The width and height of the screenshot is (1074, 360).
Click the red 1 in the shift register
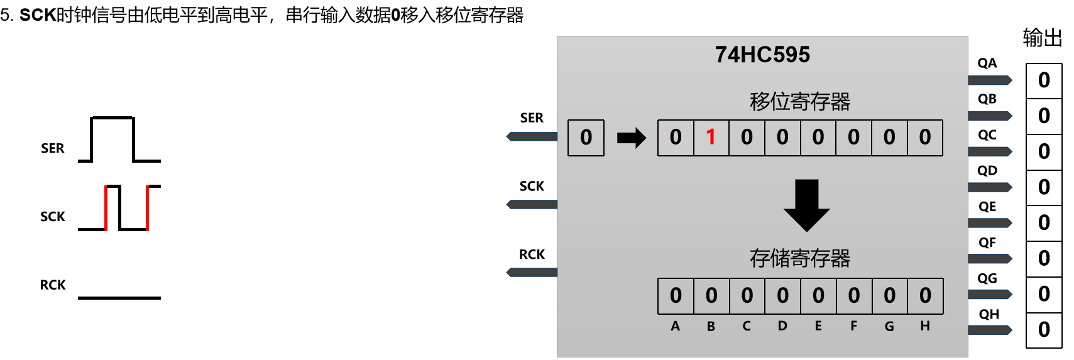711,137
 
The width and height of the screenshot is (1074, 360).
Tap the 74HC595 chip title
762,55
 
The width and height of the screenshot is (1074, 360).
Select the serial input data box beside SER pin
586,138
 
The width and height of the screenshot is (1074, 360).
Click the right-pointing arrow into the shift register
631,138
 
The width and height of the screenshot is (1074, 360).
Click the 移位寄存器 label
799,101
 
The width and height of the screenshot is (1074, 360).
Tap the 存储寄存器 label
799,258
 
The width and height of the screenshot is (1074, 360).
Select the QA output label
987,63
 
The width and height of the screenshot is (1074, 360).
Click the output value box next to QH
1044,330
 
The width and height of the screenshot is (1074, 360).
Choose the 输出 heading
1042,38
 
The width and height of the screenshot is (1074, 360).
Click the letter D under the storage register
782,325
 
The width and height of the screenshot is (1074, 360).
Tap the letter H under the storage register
925,325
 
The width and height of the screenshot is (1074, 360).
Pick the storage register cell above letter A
676,295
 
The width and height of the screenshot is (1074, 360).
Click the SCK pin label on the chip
532,186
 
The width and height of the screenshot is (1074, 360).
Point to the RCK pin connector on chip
532,272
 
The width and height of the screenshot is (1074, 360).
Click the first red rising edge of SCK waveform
106,208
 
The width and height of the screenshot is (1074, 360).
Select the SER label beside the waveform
53,148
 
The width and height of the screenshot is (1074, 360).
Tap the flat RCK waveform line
119,297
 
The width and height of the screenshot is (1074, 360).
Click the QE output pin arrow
990,223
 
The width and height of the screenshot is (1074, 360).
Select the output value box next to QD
1044,187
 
